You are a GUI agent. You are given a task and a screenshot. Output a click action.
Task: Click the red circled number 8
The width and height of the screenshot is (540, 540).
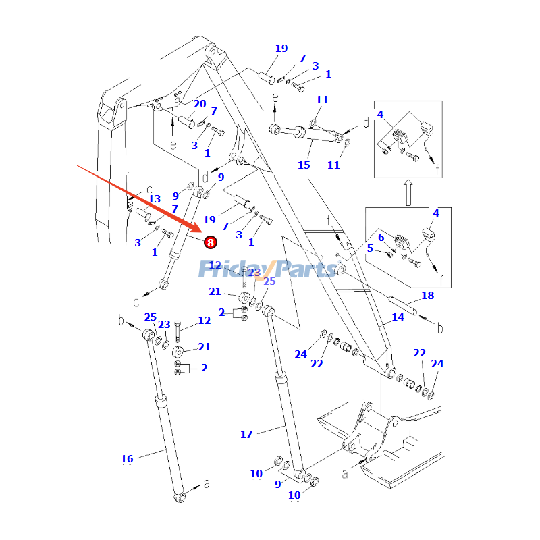[x=210, y=242]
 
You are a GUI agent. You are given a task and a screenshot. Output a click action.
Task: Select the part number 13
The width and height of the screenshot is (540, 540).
[x=155, y=199]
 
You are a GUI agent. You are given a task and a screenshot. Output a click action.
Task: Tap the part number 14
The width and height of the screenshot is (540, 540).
[x=398, y=317]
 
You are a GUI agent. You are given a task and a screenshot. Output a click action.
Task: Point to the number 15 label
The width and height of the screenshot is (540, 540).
[x=304, y=165]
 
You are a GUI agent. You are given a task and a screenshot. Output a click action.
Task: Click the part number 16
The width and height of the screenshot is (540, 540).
[x=127, y=459]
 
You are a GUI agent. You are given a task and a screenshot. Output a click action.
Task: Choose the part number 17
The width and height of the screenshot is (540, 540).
[x=246, y=435]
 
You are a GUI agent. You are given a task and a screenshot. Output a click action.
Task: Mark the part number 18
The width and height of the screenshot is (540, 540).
[x=427, y=296]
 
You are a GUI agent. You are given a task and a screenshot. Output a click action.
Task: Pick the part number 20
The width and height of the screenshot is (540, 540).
[x=200, y=104]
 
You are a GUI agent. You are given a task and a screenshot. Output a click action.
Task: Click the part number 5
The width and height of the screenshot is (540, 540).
[x=370, y=248]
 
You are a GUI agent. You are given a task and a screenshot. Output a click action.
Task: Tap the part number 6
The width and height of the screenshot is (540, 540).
[x=381, y=237]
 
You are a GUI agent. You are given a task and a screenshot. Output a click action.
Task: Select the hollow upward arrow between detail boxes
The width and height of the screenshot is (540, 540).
[x=408, y=192]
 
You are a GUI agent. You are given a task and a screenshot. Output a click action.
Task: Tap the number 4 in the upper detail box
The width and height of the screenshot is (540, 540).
[x=381, y=115]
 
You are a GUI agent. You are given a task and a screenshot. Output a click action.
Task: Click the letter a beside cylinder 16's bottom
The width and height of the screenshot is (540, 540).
[x=207, y=483]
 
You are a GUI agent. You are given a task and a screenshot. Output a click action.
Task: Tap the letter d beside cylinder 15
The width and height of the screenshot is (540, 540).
[x=366, y=124]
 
